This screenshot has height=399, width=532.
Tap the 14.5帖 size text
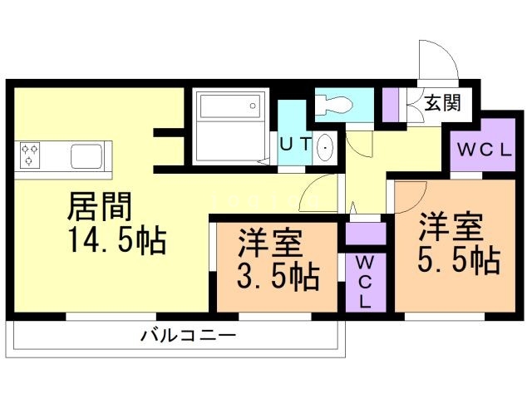pyautogui.click(x=116, y=240)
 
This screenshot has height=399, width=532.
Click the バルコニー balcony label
pyautogui.click(x=188, y=337)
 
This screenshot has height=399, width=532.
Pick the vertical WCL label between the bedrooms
pyautogui.click(x=365, y=283)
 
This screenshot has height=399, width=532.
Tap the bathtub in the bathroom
pyautogui.click(x=226, y=107)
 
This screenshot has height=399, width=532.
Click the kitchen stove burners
pyautogui.click(x=32, y=155)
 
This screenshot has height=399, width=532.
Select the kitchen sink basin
pyautogui.click(x=86, y=155)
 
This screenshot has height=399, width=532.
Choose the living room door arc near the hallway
pyautogui.click(x=316, y=195)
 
